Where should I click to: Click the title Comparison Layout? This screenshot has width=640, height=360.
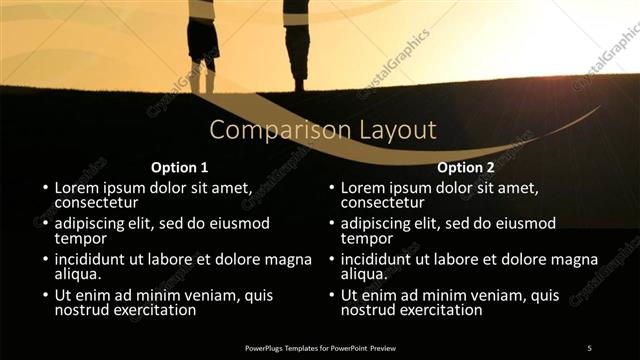coord(322,131)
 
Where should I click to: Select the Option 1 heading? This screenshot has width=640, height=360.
coord(180,167)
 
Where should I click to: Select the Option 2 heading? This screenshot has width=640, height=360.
coord(466,167)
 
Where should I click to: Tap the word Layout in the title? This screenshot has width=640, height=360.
coord(398,131)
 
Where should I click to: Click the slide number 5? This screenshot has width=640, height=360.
coord(589,347)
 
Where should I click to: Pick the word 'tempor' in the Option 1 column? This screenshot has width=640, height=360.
coord(81,238)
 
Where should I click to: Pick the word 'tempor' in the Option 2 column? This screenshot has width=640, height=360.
coord(367,238)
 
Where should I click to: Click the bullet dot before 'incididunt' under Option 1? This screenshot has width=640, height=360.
coord(45,260)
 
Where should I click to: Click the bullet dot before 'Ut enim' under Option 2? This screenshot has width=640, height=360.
coord(331,296)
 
